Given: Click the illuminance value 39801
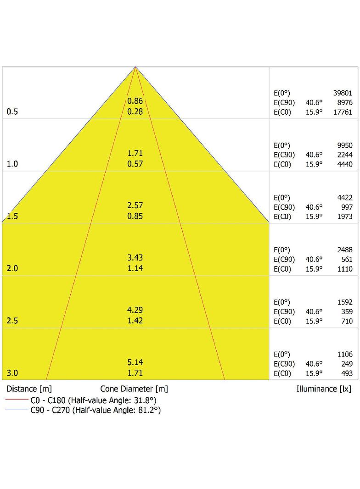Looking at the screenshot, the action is pos(343,93).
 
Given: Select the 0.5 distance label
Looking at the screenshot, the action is pos(12,111).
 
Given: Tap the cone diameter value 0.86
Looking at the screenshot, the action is pos(135,101).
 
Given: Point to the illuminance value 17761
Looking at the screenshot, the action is pos(343,112).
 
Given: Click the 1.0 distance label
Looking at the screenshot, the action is pos(12,164).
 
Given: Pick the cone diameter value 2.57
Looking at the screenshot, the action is pos(135,205).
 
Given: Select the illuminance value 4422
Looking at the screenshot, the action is pos(345,198).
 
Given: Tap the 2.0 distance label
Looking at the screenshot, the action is pos(12,268).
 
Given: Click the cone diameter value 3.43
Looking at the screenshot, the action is pos(135,258).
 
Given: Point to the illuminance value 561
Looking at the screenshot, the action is pos(347,260).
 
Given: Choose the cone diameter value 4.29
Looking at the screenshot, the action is pos(135,310).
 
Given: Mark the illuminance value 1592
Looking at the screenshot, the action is pos(345,302).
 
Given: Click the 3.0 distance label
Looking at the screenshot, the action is pos(12,373).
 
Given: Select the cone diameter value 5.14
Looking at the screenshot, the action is pos(135,362).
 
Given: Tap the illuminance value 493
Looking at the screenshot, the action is pos(347,373).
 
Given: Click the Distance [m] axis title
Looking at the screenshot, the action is pos(29,389).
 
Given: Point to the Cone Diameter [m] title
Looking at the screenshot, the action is pos(134,389).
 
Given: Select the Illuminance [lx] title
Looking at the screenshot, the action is pos(324,389).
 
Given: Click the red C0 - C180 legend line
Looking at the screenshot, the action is pos(17,399).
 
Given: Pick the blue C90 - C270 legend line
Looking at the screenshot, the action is pos(17,409).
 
